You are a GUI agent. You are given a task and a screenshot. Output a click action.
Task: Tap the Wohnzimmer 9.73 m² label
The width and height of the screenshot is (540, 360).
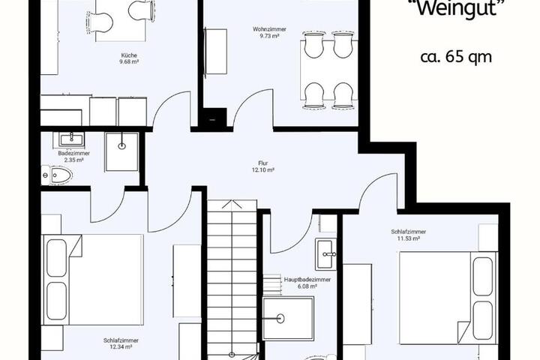(269, 32)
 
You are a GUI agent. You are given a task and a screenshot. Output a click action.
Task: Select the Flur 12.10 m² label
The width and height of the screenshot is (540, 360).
(262, 166)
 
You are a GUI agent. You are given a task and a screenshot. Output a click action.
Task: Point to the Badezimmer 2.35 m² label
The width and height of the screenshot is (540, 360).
(74, 157)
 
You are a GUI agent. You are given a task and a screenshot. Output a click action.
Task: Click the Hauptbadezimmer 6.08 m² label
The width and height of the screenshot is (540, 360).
(307, 283)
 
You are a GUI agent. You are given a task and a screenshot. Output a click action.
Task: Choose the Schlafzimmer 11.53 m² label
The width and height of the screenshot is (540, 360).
(409, 235)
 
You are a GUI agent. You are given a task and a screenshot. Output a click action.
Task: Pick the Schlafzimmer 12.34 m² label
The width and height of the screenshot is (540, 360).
(121, 343)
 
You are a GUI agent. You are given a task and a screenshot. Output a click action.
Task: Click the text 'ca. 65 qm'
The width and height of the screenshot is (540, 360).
(456, 57)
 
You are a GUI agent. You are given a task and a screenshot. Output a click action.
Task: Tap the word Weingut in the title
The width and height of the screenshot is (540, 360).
(458, 7)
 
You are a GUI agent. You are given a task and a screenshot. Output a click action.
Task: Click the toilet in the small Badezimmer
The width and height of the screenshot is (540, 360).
(56, 175)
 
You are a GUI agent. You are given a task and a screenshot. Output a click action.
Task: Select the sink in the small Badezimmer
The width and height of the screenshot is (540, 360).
(72, 139)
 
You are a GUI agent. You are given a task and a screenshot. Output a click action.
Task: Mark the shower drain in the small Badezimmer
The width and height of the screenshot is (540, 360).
(122, 146)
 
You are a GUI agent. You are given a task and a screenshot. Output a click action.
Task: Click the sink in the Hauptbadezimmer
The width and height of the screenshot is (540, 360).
(325, 254)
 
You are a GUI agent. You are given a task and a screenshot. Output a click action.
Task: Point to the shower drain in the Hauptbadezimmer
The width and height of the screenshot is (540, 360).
(280, 319)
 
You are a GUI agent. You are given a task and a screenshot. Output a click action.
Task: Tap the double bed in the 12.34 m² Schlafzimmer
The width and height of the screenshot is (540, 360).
(92, 280)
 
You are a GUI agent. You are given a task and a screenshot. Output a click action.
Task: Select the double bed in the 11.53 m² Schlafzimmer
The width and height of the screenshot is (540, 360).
(448, 298)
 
